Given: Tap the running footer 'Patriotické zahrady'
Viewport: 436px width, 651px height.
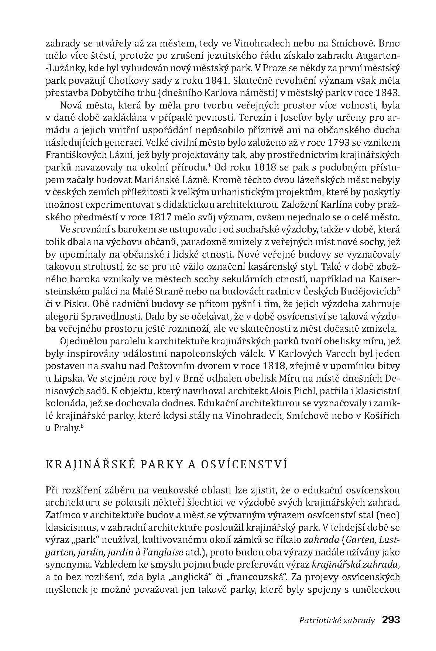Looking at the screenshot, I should (x=337, y=620).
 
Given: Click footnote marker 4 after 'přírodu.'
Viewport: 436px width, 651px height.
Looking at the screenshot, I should (x=209, y=165).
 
